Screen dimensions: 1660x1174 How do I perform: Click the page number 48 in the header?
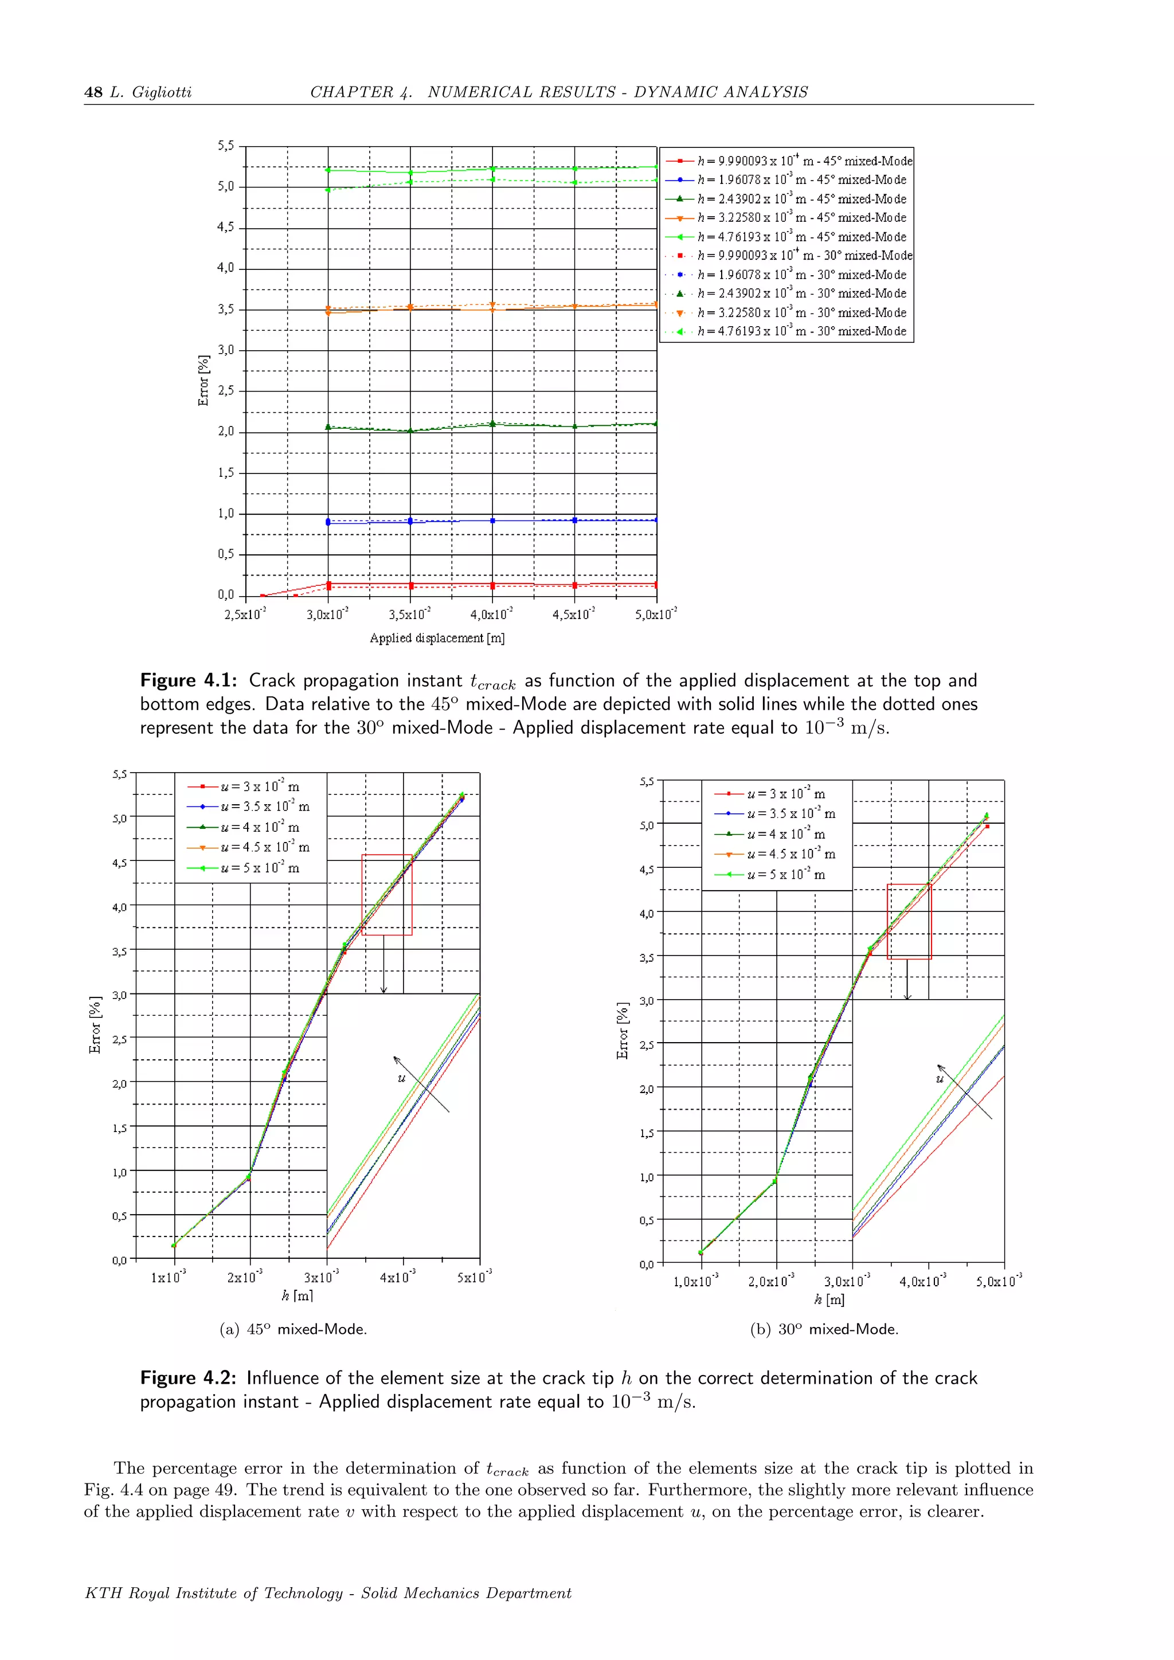[x=93, y=92]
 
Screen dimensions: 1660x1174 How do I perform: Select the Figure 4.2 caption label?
[x=188, y=1378]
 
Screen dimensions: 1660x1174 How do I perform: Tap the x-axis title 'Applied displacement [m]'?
[x=437, y=637]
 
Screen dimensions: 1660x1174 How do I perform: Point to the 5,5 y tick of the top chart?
[x=226, y=146]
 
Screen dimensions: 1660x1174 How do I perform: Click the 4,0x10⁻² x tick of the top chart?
[x=492, y=615]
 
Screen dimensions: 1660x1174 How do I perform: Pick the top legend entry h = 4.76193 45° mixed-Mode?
[x=801, y=236]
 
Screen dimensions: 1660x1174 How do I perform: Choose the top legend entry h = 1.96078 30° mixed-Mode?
[x=801, y=275]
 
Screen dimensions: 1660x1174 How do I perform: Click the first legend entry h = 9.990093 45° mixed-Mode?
[x=804, y=161]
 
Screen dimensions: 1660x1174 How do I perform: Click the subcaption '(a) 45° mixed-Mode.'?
[x=293, y=1329]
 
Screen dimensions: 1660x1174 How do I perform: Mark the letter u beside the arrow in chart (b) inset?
[x=940, y=1079]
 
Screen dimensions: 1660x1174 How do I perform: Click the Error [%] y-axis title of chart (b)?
[x=623, y=1030]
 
